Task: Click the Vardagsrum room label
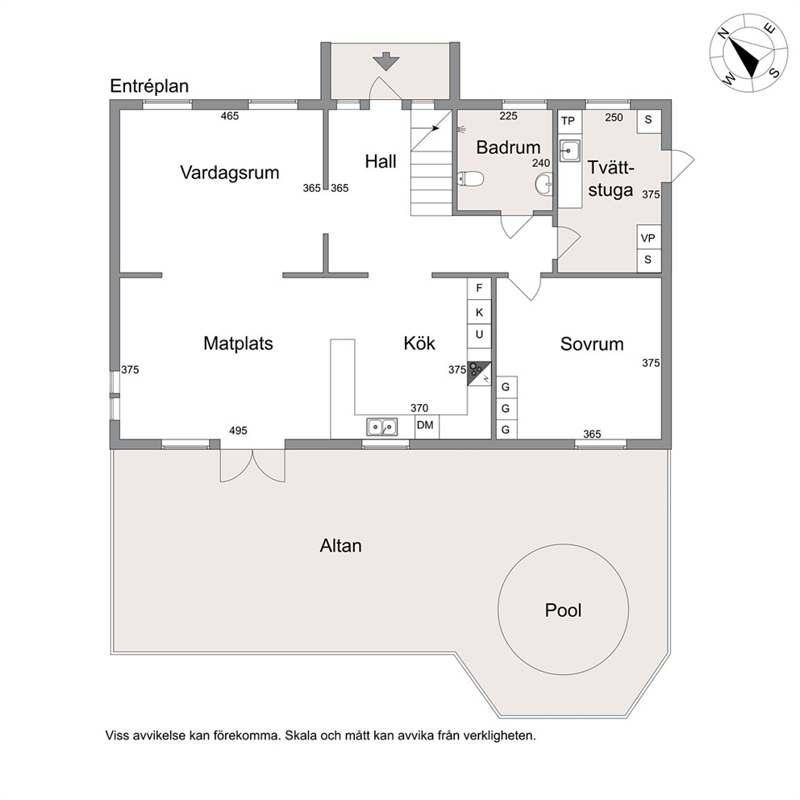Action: [230, 173]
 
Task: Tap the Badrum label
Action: [508, 148]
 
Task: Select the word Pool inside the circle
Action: [563, 610]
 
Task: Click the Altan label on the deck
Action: [341, 546]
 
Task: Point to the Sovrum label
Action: [592, 344]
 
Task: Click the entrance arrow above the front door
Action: [385, 61]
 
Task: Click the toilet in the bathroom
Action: [470, 179]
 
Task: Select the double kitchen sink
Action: [382, 427]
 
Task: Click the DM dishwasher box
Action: [426, 426]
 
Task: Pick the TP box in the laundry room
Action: [569, 122]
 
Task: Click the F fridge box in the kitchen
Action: [479, 289]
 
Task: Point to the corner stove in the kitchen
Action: [479, 373]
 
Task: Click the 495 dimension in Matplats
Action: [238, 431]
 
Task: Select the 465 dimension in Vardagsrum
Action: [230, 116]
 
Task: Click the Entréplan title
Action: [149, 86]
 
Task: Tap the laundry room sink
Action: [570, 151]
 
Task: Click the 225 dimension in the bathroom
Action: [509, 116]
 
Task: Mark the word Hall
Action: [381, 162]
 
